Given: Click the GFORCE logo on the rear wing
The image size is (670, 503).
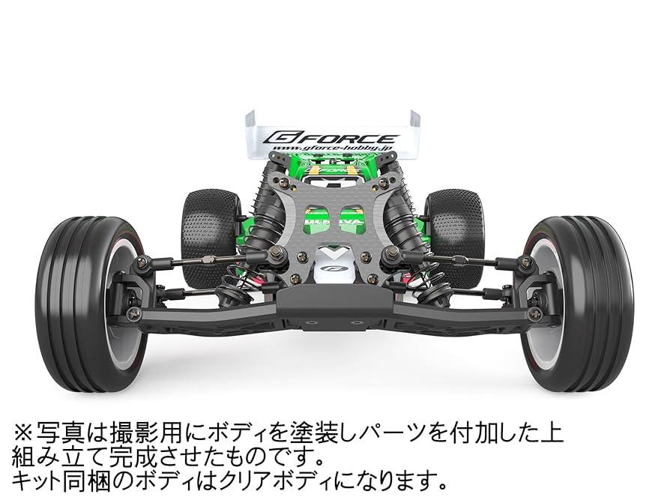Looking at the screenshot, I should (x=333, y=138).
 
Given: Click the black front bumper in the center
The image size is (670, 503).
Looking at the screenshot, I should (x=333, y=301).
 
